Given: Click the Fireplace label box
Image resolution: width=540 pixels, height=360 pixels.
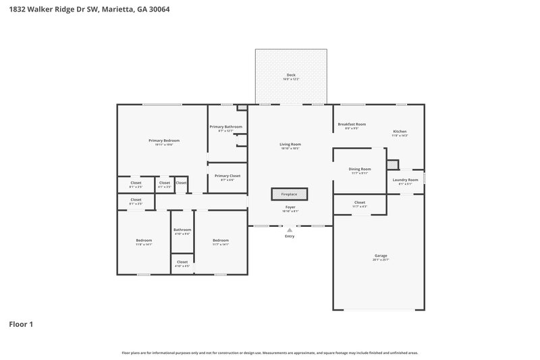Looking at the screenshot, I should pyautogui.click(x=289, y=195).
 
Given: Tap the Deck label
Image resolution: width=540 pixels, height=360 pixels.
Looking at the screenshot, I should pyautogui.click(x=290, y=76).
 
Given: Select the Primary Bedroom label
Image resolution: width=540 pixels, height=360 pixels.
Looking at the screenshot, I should pyautogui.click(x=163, y=140).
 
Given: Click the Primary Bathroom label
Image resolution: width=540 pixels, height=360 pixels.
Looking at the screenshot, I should pyautogui.click(x=225, y=127).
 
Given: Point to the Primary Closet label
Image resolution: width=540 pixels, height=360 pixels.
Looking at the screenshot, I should pyautogui.click(x=227, y=176).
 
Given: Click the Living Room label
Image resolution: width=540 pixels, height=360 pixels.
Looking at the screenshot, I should pyautogui.click(x=290, y=145).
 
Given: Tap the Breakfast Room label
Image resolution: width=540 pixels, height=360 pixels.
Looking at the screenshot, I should pyautogui.click(x=352, y=124).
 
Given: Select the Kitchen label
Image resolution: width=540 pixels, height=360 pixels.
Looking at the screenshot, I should pyautogui.click(x=400, y=131).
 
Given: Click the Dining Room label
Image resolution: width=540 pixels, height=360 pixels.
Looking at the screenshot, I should pyautogui.click(x=360, y=169).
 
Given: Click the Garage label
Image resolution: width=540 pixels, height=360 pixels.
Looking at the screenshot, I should pyautogui.click(x=381, y=256).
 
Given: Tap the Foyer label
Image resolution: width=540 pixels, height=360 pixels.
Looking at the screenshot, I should pyautogui.click(x=290, y=207).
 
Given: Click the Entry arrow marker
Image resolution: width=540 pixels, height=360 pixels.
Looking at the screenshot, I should pyautogui.click(x=290, y=230).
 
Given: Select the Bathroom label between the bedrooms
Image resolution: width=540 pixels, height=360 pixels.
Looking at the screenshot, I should pyautogui.click(x=182, y=230).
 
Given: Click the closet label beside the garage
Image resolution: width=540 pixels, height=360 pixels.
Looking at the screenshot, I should pyautogui.click(x=359, y=202).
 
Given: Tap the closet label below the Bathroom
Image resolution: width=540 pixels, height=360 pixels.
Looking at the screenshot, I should pyautogui.click(x=182, y=262).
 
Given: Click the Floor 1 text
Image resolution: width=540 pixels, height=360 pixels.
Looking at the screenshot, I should pyautogui.click(x=21, y=324).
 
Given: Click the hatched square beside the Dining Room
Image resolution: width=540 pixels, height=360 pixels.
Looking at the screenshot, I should pyautogui.click(x=393, y=164).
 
